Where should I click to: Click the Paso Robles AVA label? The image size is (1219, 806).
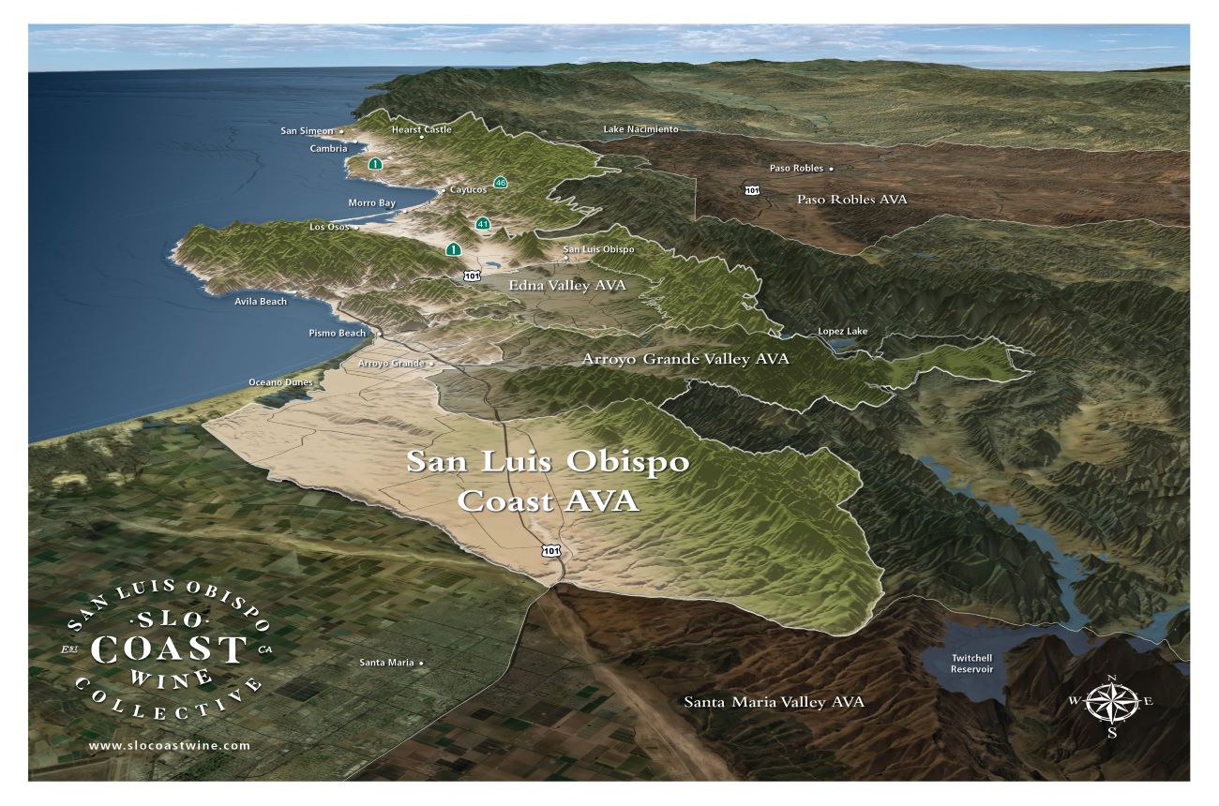pyautogui.click(x=851, y=200)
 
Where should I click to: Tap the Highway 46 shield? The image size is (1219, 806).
pyautogui.click(x=501, y=183)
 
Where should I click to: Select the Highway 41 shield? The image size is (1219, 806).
pyautogui.click(x=483, y=224)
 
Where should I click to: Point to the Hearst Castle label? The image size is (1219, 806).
pyautogui.click(x=421, y=129)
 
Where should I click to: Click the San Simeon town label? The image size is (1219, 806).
pyautogui.click(x=307, y=131)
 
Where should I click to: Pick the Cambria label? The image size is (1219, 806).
pyautogui.click(x=328, y=148)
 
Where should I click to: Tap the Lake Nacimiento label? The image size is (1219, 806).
pyautogui.click(x=640, y=128)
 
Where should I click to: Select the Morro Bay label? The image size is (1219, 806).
pyautogui.click(x=371, y=202)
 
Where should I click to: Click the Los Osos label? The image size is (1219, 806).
pyautogui.click(x=328, y=227)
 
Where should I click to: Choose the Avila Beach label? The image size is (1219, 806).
pyautogui.click(x=261, y=301)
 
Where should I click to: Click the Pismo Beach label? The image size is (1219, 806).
pyautogui.click(x=337, y=333)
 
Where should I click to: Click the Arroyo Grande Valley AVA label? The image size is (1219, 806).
pyautogui.click(x=685, y=359)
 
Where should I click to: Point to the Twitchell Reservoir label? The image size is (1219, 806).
pyautogui.click(x=971, y=664)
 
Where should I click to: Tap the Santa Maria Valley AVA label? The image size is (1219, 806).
pyautogui.click(x=774, y=702)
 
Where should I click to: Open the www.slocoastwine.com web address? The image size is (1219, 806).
pyautogui.click(x=170, y=745)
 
